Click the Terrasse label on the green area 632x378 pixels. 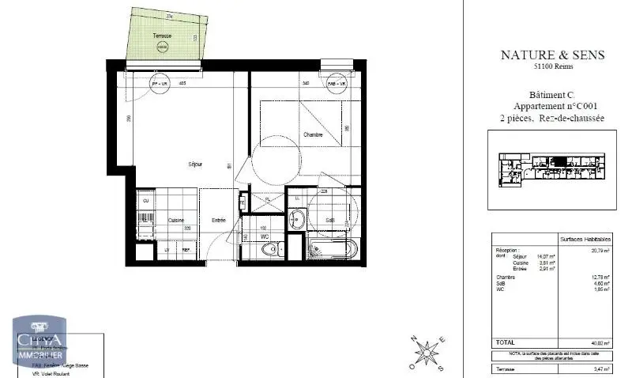click(x=162, y=36)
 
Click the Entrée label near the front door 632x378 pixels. click(x=219, y=221)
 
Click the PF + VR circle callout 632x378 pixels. click(x=160, y=83)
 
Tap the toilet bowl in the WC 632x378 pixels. click(x=269, y=250)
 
